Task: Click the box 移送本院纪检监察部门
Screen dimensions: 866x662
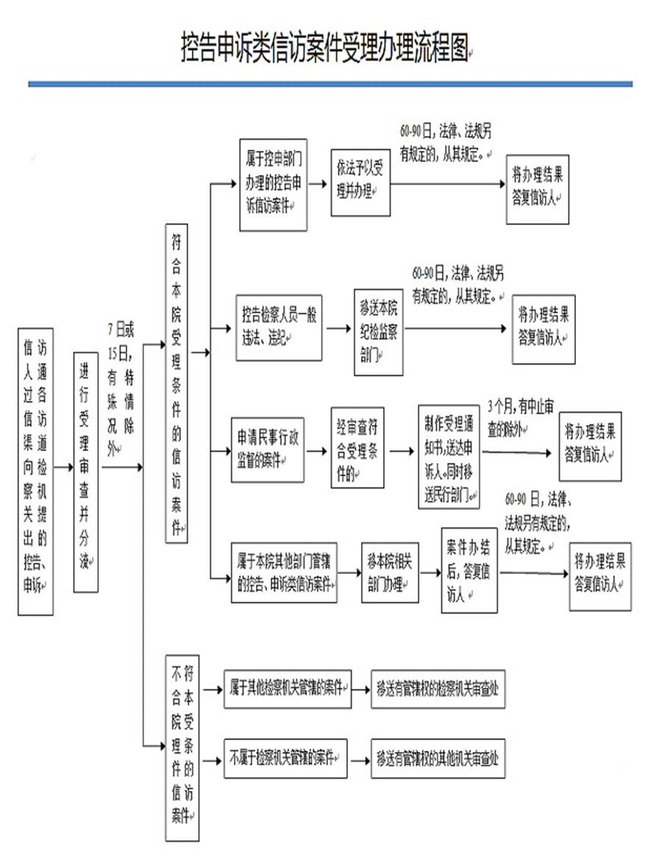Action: (378, 331)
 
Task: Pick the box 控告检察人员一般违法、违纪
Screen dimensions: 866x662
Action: (280, 327)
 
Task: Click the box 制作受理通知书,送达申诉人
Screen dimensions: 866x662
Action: (449, 455)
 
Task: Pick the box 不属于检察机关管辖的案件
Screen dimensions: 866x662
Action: (285, 757)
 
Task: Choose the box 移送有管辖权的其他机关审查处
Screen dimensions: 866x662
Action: (438, 758)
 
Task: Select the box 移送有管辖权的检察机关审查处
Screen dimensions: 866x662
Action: (438, 688)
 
